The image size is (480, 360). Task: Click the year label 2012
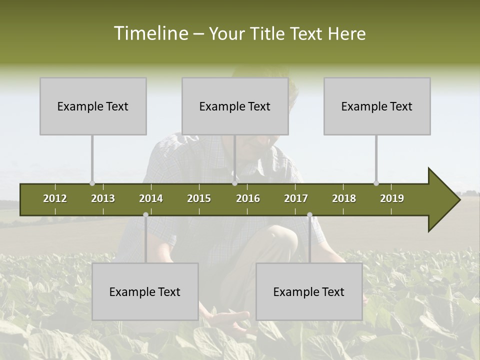tap(55, 198)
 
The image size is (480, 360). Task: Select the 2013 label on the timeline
tap(103, 198)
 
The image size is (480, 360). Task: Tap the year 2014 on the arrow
tap(151, 198)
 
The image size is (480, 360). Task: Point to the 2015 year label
tap(199, 198)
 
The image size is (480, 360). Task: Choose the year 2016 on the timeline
tap(248, 198)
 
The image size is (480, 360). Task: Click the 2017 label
tap(296, 198)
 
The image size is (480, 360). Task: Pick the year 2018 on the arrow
tap(344, 198)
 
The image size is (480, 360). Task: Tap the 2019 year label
tap(392, 198)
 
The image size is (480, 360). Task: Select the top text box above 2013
tap(93, 106)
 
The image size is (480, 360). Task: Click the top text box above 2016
tap(235, 106)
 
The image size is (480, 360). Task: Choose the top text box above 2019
tap(377, 106)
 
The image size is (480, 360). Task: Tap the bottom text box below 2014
tap(145, 291)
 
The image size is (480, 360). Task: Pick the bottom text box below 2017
tap(309, 291)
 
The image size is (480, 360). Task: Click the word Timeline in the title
tap(150, 33)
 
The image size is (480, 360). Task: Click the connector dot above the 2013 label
tap(92, 183)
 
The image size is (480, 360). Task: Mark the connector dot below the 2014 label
tap(145, 214)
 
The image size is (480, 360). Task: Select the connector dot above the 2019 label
tap(376, 183)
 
